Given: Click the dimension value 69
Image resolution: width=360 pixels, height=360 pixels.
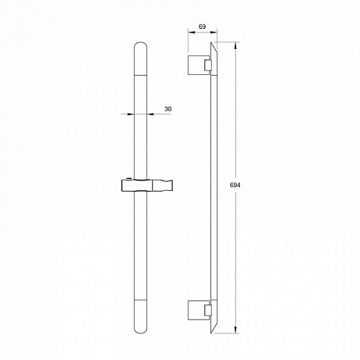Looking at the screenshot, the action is pyautogui.click(x=202, y=27).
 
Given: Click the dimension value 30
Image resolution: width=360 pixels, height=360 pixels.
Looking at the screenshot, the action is pyautogui.click(x=168, y=109).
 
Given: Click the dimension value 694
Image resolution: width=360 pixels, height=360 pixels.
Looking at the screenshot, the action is pyautogui.click(x=235, y=185).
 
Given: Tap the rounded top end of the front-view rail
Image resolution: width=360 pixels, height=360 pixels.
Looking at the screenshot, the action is pyautogui.click(x=140, y=45).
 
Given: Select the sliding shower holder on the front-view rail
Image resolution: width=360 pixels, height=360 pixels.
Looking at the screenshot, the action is pyautogui.click(x=146, y=185).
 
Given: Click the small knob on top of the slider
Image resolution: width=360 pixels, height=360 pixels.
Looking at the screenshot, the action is pyautogui.click(x=129, y=179).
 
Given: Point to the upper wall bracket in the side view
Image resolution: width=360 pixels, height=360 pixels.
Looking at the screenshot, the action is pyautogui.click(x=199, y=65).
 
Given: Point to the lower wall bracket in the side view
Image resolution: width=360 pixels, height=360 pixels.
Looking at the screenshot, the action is pyautogui.click(x=199, y=310).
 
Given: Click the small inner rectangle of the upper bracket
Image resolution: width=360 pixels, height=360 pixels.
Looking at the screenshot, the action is pyautogui.click(x=208, y=66).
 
